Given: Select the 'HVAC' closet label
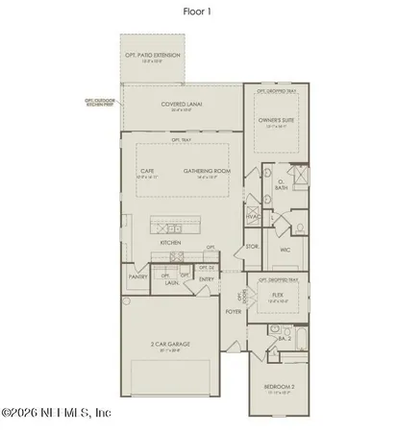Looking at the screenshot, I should tap(254, 217).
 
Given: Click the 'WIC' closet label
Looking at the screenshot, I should tap(285, 250).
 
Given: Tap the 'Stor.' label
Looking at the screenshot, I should tap(253, 247).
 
